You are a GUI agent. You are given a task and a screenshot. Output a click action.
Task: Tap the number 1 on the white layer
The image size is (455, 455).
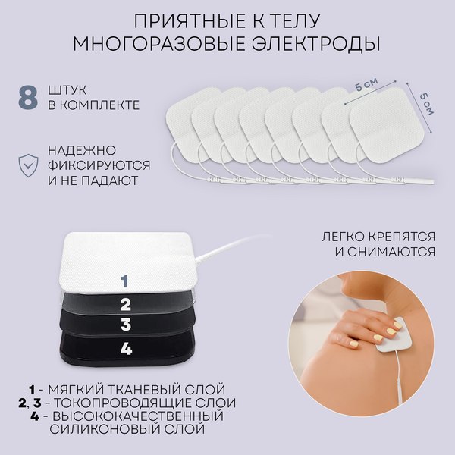click(124, 281)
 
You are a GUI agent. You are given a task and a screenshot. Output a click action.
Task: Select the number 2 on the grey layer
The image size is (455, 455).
click(126, 305)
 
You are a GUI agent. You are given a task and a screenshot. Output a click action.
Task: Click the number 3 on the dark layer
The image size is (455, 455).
click(126, 325)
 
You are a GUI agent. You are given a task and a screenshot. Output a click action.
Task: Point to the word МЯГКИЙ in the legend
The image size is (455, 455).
click(72, 389)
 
